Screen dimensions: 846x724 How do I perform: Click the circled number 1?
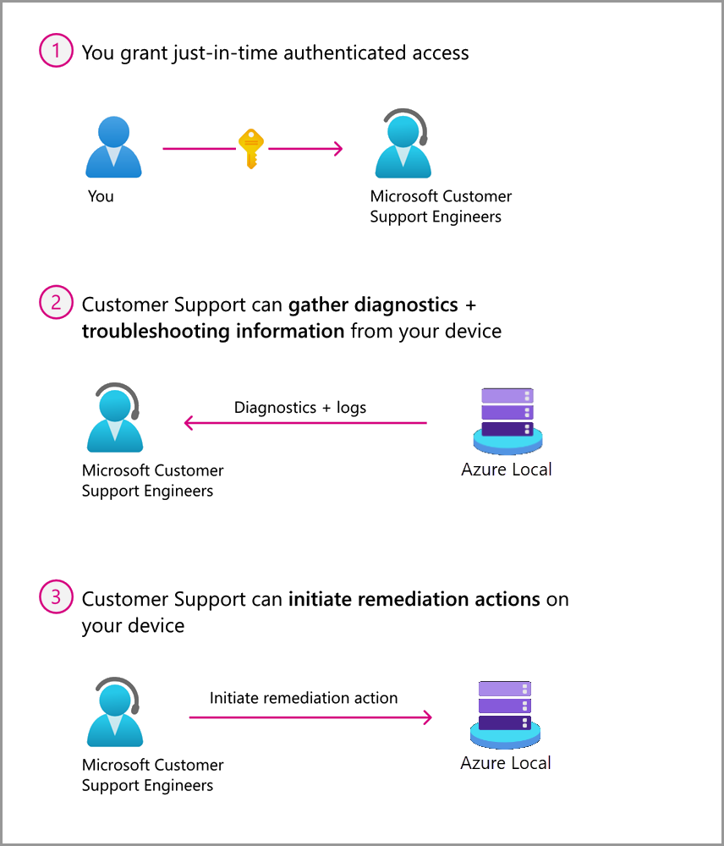click(x=56, y=52)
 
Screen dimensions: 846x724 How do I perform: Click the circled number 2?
click(x=56, y=303)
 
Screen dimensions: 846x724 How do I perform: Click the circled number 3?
click(x=56, y=597)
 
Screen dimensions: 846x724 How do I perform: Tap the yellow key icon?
click(x=251, y=148)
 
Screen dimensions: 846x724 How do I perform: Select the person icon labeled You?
click(x=113, y=147)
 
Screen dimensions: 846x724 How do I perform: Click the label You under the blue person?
click(x=101, y=196)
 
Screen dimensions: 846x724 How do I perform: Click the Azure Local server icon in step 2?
click(x=507, y=420)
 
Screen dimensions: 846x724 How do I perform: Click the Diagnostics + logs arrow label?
click(x=300, y=408)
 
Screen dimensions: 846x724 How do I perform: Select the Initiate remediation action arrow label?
click(x=304, y=698)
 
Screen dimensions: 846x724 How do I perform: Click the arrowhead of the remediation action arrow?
click(x=427, y=717)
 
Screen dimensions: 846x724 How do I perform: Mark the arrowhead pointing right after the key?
click(x=337, y=149)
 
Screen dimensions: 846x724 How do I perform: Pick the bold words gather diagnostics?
click(x=373, y=304)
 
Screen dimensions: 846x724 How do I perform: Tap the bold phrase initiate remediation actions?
click(x=414, y=599)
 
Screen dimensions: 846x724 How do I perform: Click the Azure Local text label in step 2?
click(x=507, y=469)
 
